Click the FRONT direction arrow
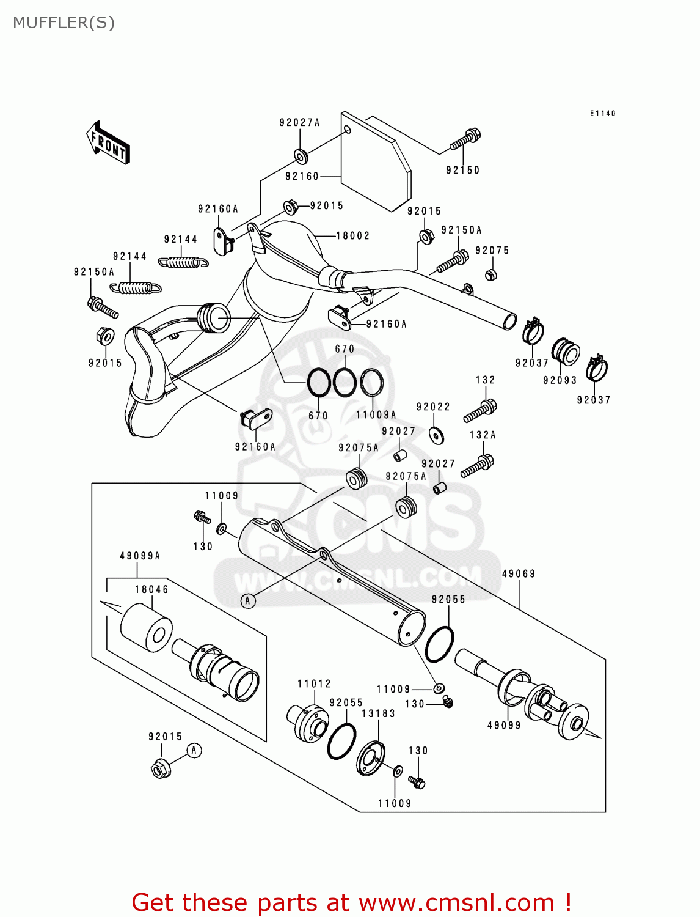tap(108, 143)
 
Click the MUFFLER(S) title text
tap(64, 23)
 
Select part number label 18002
tap(352, 236)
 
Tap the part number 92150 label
tap(462, 171)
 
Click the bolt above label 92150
tap(465, 139)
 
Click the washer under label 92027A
tap(301, 156)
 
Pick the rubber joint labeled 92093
tap(566, 352)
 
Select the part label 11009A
tap(376, 415)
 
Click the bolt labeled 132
tap(481, 410)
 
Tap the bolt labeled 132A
tap(478, 466)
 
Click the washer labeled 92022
tap(436, 435)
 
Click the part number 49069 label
tap(519, 574)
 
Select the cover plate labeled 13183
tap(371, 758)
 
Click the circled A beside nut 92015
tap(194, 750)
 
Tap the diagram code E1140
tap(602, 114)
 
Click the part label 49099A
tap(140, 556)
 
